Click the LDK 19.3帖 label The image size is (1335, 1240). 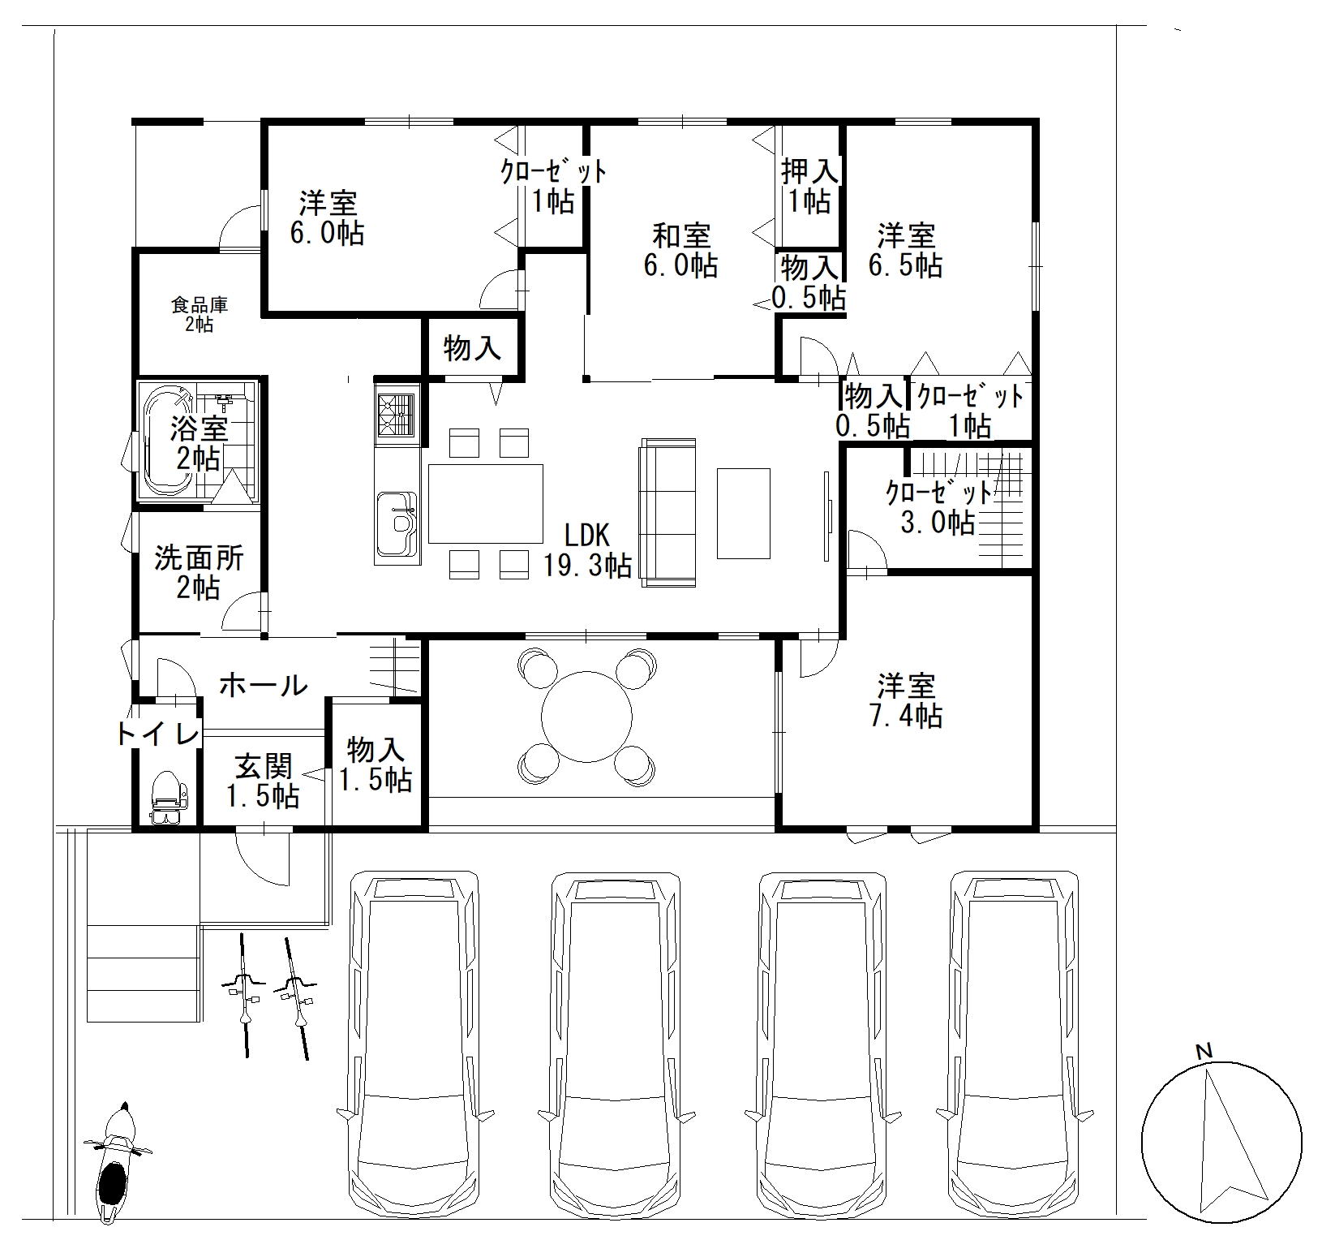pos(586,550)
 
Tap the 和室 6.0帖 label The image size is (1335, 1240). pos(681,251)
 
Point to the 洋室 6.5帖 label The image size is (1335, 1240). pos(905,251)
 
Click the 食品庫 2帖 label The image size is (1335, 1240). pos(199,315)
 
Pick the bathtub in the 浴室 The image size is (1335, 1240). pos(168,442)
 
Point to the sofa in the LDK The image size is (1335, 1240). pos(668,513)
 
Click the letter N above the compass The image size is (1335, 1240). pos(1204,1052)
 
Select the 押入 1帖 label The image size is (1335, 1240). pos(809,186)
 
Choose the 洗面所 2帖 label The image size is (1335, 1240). pos(199,573)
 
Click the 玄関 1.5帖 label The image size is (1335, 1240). pos(263,781)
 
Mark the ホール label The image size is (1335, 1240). pos(264,686)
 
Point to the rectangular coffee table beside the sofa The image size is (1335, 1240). pos(744,513)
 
